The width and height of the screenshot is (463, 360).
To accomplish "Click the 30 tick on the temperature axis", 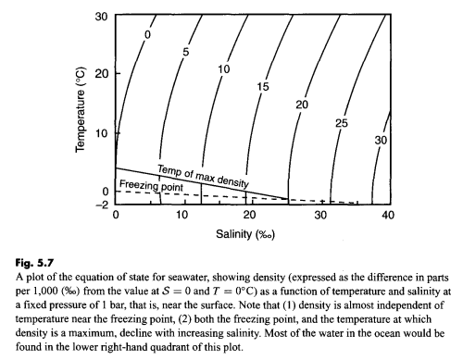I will click(x=103, y=17).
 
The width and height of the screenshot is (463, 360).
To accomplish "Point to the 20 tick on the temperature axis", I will click(x=103, y=75).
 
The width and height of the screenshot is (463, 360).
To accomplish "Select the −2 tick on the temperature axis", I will click(x=102, y=203).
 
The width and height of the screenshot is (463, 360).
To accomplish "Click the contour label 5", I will click(x=185, y=52).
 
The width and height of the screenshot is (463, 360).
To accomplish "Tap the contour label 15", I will click(x=262, y=86).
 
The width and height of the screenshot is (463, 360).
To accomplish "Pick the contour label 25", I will click(x=339, y=123).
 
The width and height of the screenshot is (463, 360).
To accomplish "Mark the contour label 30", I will click(x=380, y=140).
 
